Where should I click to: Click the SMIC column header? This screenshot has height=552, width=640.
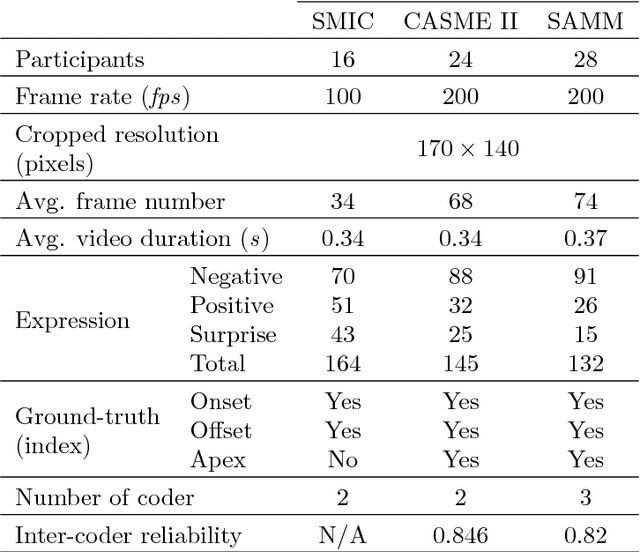tap(343, 20)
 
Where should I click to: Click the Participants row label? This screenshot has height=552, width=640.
tap(79, 62)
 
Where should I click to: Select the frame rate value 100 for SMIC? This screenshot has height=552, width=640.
tap(343, 97)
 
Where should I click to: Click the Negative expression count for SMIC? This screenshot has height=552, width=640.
tap(343, 277)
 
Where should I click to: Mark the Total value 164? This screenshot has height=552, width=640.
tap(343, 364)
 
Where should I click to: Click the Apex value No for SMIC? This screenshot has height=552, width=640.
tap(343, 460)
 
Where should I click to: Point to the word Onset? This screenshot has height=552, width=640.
tap(220, 401)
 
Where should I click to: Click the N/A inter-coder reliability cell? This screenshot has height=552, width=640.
tap(343, 535)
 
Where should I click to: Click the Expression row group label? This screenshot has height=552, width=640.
tap(72, 321)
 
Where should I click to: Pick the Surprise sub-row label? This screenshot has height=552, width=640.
tap(233, 335)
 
